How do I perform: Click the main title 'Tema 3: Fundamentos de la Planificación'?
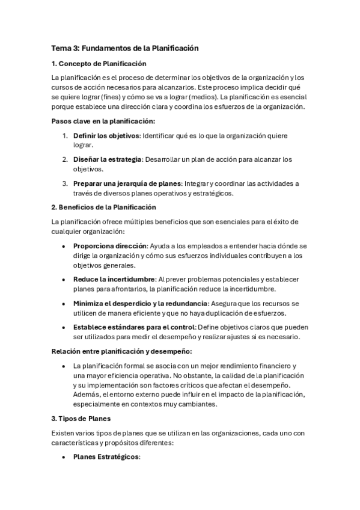pos(124,48)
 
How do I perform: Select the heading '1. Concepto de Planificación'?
pos(99,63)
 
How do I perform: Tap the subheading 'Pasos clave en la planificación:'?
pos(103,121)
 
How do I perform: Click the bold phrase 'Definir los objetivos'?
pos(106,135)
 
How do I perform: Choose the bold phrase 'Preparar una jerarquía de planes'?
pos(127,183)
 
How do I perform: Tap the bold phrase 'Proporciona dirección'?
pos(110,246)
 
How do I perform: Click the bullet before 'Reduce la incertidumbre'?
pos(64,280)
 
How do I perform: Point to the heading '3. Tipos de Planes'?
pos(81,419)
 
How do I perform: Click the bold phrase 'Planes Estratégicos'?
pos(106,457)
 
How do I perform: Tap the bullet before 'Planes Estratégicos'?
pos(64,457)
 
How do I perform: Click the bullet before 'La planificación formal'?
pos(64,366)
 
